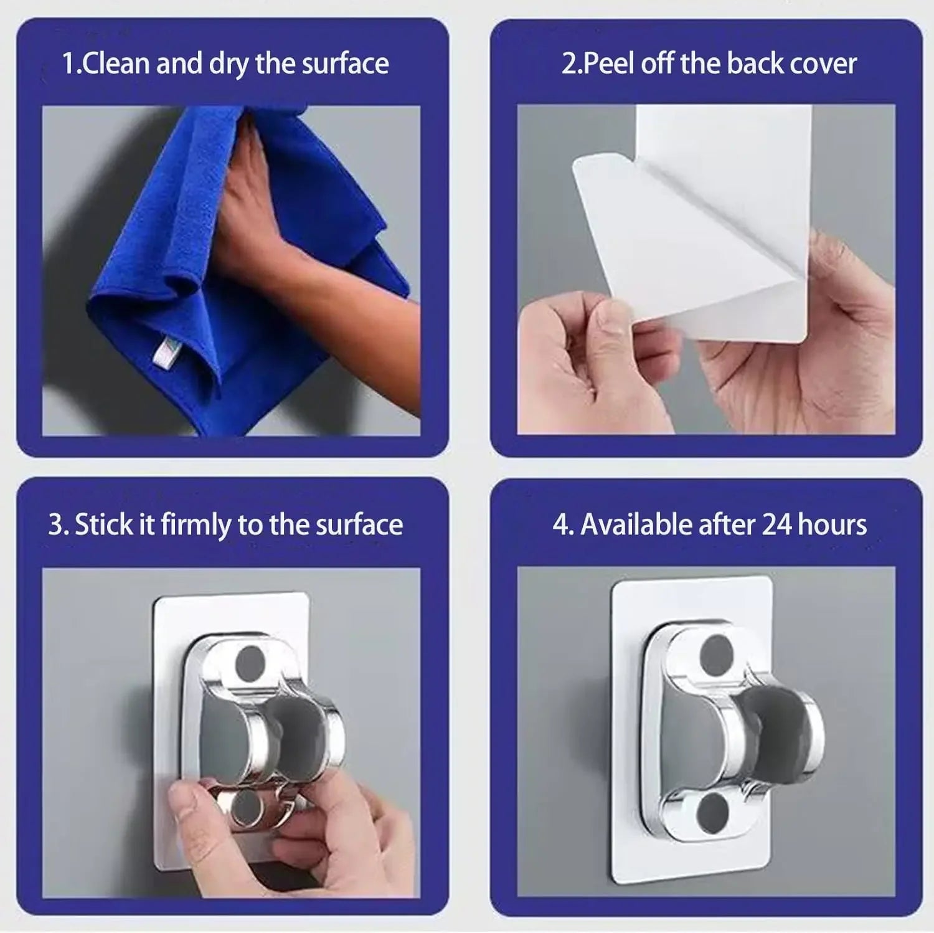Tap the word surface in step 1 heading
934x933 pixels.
click(x=345, y=64)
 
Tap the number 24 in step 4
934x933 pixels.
click(x=776, y=525)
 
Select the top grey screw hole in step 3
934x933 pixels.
click(x=251, y=663)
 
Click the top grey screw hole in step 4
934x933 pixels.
click(x=717, y=651)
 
